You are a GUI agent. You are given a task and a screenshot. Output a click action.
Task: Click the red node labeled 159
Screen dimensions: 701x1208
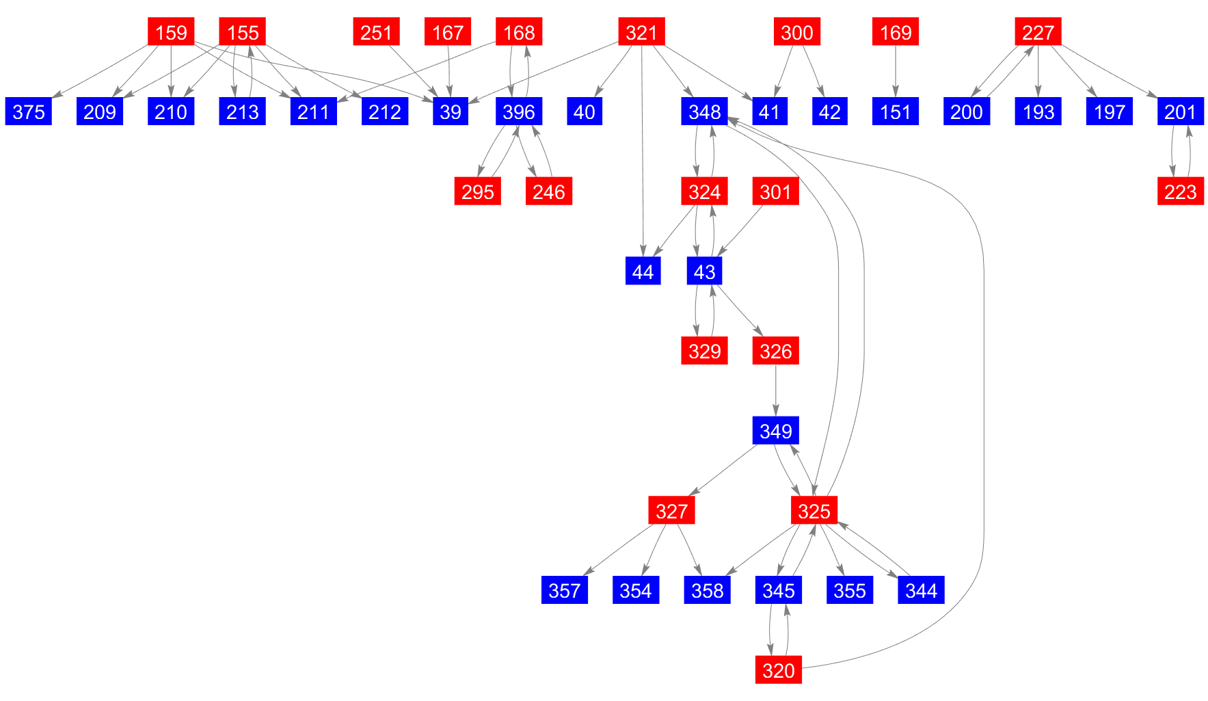(171, 32)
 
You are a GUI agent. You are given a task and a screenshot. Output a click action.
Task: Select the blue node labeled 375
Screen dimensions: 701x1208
(29, 111)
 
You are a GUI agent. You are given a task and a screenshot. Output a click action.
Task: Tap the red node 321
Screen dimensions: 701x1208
(641, 32)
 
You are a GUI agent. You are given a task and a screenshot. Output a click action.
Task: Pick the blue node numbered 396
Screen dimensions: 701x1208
(519, 111)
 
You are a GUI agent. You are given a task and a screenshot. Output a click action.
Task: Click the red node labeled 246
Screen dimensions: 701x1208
(548, 191)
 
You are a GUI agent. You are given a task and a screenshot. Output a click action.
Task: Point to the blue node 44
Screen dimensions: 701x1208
(643, 272)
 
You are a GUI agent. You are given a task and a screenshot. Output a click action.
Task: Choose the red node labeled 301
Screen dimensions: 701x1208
(775, 191)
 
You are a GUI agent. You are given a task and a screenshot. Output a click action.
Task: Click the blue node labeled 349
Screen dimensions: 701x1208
(775, 431)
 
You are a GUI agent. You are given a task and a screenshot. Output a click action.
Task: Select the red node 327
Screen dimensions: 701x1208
(671, 511)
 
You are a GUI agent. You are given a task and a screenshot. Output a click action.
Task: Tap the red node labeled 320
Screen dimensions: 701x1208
(778, 670)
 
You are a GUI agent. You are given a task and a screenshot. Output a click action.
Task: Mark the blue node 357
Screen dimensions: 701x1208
(564, 590)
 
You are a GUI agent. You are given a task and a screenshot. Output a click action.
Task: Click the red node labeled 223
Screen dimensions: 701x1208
(1180, 191)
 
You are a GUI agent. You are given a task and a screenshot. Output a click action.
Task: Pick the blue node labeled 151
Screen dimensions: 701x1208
(895, 111)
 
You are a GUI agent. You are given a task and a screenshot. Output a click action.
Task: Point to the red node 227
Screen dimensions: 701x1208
(1038, 32)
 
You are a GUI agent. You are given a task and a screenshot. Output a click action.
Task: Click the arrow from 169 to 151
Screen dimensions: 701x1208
(896, 72)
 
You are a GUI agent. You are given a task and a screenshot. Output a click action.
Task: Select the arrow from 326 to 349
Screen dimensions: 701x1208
(775, 391)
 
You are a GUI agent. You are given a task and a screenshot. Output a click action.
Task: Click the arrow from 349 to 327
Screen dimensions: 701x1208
(725, 470)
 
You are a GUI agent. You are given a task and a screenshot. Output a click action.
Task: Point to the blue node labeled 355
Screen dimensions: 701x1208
(849, 590)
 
